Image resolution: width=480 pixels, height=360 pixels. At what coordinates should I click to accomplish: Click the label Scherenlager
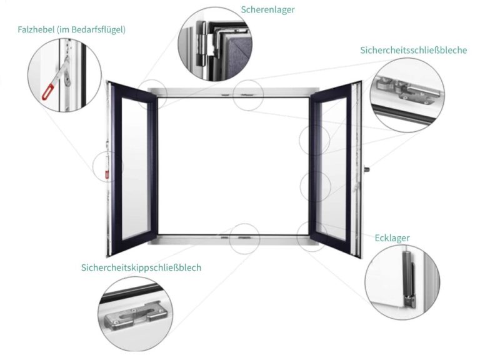pyautogui.click(x=267, y=9)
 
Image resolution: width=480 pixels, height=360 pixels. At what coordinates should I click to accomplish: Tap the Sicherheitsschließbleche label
pyautogui.click(x=413, y=50)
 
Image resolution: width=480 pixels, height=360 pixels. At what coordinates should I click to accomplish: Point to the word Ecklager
pyautogui.click(x=392, y=238)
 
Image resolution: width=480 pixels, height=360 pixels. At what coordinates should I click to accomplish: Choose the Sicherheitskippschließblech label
pyautogui.click(x=141, y=267)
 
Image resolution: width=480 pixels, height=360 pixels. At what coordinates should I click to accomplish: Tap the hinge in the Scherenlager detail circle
pyautogui.click(x=201, y=40)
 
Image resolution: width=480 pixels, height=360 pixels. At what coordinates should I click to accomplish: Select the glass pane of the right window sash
pyautogui.click(x=332, y=169)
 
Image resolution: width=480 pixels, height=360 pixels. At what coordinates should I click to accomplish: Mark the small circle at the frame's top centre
pyautogui.click(x=248, y=95)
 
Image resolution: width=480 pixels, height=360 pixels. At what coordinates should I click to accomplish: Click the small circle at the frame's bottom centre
pyautogui.click(x=244, y=238)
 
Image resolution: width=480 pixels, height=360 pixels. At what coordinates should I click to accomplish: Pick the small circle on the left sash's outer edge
pyautogui.click(x=107, y=167)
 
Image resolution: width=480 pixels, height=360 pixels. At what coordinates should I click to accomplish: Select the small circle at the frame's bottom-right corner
pyautogui.click(x=312, y=237)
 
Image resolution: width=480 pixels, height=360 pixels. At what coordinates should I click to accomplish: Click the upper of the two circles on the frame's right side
pyautogui.click(x=314, y=140)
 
